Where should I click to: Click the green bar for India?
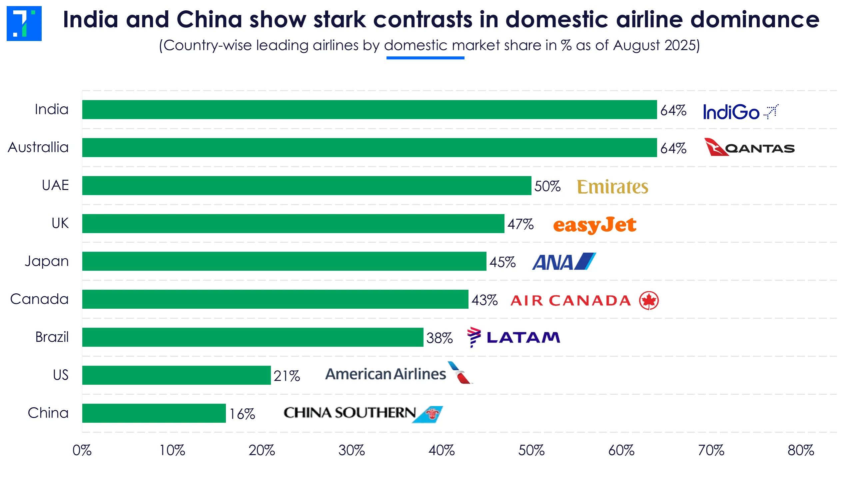(369, 109)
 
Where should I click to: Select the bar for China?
(154, 413)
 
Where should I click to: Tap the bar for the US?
(176, 375)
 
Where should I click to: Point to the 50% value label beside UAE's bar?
(547, 186)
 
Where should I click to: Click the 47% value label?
(520, 224)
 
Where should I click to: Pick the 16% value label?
(242, 414)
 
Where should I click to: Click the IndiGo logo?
(740, 112)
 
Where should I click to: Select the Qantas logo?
(749, 147)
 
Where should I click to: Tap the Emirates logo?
(612, 187)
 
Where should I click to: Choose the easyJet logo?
(594, 225)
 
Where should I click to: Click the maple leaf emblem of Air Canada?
(648, 300)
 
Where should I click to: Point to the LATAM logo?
(513, 337)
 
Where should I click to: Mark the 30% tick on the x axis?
(352, 450)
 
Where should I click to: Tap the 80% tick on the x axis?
(800, 450)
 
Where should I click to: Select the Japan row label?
(47, 261)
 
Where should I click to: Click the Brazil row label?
(52, 337)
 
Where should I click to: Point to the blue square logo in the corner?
(24, 23)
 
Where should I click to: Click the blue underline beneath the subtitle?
(425, 58)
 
